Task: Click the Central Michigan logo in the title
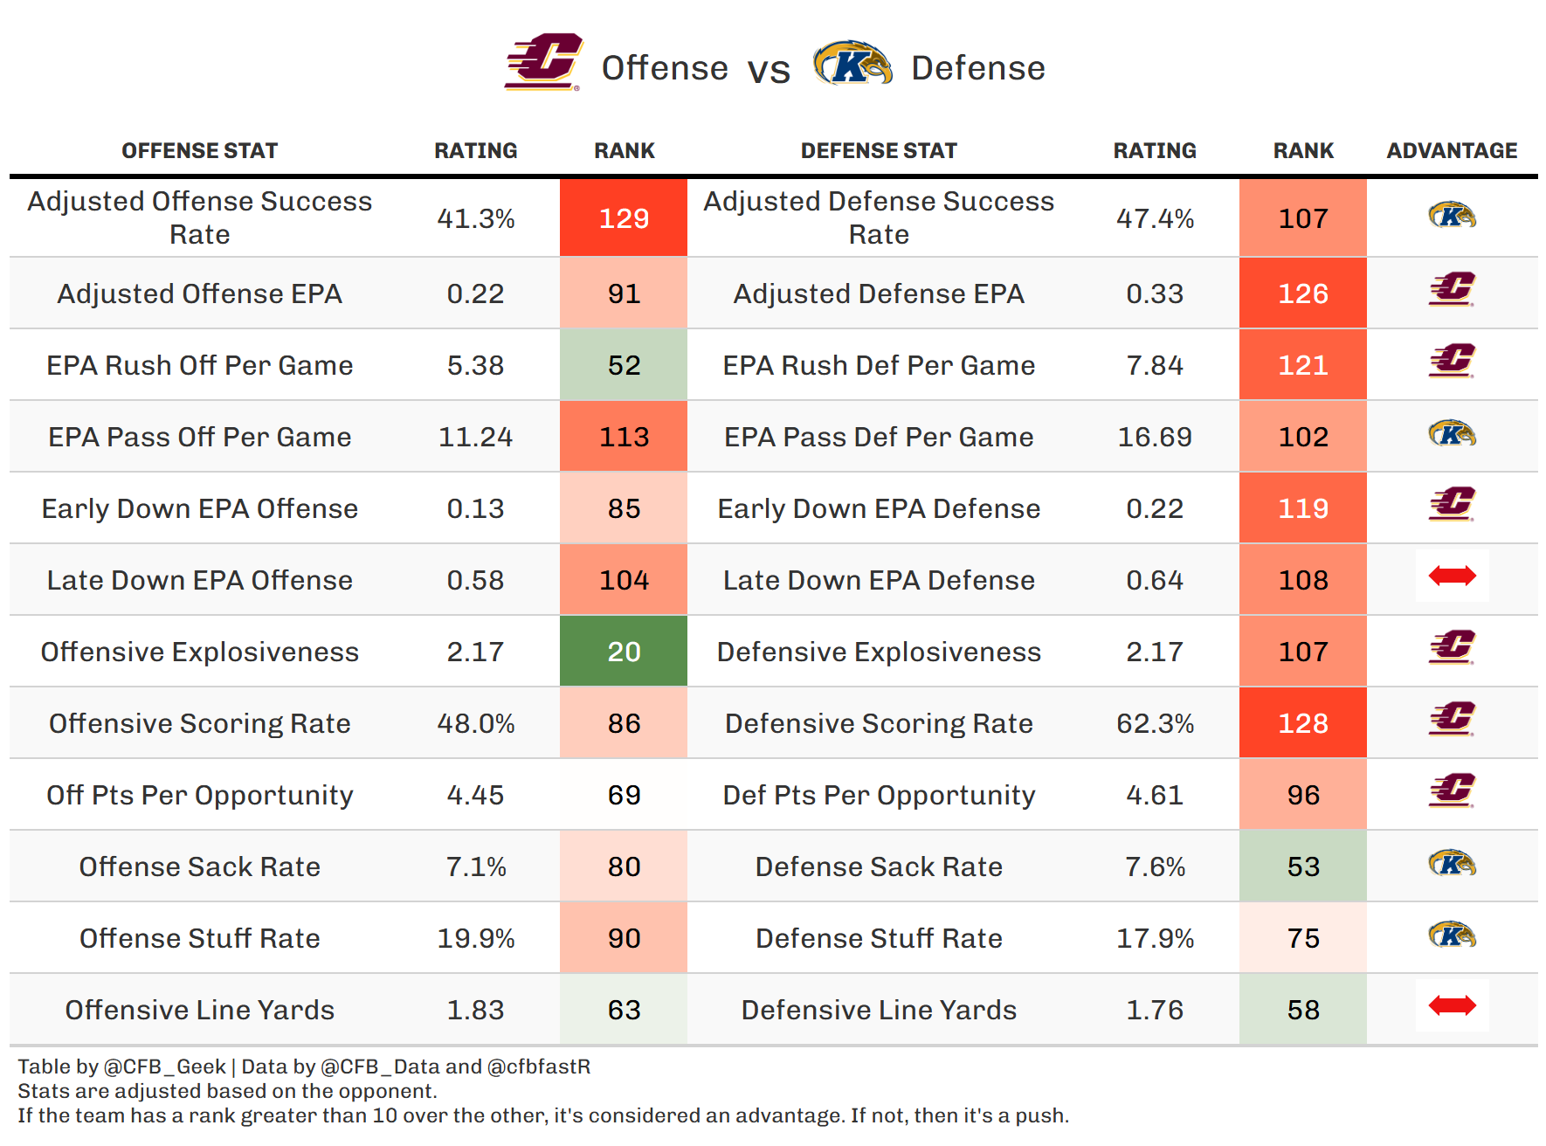(x=543, y=62)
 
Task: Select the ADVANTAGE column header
(x=1452, y=151)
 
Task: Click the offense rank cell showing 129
(x=624, y=218)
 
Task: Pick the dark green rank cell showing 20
(x=624, y=652)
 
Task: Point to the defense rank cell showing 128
(x=1302, y=723)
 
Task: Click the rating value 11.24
(x=475, y=437)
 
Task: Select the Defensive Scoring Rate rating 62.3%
(x=1155, y=723)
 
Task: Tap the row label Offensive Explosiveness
(x=200, y=652)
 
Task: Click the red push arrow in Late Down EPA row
(x=1452, y=576)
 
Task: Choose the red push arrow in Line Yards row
(x=1452, y=1005)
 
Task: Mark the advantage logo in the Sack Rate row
(x=1452, y=864)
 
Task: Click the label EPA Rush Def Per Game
(x=879, y=365)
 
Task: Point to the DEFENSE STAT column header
(x=879, y=151)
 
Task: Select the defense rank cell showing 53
(x=1302, y=866)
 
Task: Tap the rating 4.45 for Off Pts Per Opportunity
(x=475, y=795)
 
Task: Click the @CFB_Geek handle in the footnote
(x=164, y=1067)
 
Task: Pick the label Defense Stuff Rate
(x=879, y=938)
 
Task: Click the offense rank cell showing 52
(x=624, y=365)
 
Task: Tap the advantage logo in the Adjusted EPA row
(x=1452, y=289)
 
